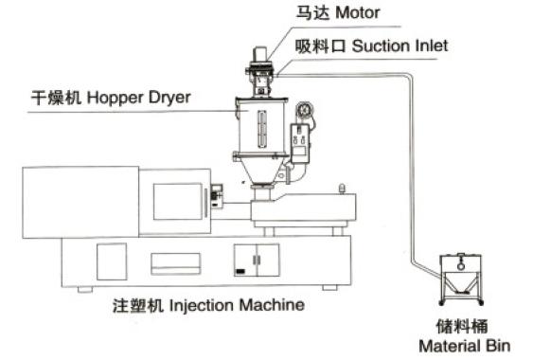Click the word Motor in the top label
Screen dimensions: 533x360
coord(357,13)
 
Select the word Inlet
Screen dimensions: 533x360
coord(432,45)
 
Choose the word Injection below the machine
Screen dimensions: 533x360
coord(202,305)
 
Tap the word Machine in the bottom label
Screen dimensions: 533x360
coord(272,304)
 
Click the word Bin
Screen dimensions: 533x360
coord(498,346)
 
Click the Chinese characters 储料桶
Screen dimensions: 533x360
coord(462,326)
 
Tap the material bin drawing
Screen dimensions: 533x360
coord(461,279)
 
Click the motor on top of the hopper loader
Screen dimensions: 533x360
coord(260,54)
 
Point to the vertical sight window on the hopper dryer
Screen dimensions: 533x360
coord(261,129)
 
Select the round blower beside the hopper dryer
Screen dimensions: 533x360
coord(304,110)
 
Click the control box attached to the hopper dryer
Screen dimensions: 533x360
coord(300,143)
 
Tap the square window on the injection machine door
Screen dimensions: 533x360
coord(178,202)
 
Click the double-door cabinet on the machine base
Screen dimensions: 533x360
coord(257,260)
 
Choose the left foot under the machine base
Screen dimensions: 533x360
coord(84,290)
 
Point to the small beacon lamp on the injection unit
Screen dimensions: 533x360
coord(343,189)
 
